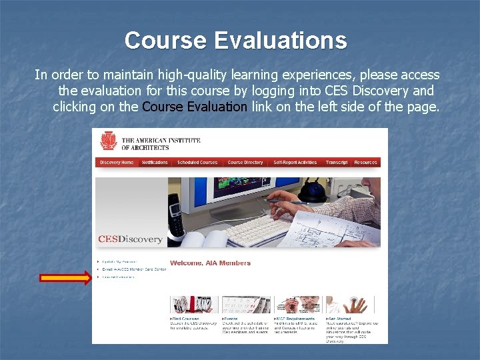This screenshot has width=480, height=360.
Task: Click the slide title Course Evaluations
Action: coord(235,41)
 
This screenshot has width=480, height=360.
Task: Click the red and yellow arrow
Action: coord(65,278)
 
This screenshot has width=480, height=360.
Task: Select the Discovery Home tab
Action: coord(117,163)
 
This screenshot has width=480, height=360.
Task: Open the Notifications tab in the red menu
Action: coord(155,163)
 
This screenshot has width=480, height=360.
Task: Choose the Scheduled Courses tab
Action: coord(197,163)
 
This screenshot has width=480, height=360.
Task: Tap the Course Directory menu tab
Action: coord(245,163)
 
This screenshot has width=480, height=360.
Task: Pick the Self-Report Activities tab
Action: coord(295,163)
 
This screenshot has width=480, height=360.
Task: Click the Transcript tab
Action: coord(337,163)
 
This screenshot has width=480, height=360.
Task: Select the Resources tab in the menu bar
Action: coord(365,163)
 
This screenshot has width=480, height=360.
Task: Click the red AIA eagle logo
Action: coord(108,141)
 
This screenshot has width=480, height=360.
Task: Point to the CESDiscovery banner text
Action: coord(130,239)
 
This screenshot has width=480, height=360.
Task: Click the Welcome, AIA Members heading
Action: coord(210,263)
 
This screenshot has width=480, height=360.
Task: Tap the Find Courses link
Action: coord(185,319)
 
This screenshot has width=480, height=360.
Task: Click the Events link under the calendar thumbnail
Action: coord(231,319)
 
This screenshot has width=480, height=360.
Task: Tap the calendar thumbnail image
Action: coord(245,305)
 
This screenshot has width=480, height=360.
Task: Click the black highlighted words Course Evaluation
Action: coord(195,107)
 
